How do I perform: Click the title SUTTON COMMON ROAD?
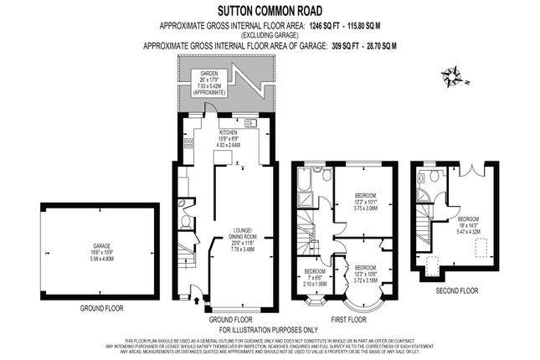click(x=270, y=11)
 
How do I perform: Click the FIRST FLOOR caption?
click(x=348, y=320)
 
